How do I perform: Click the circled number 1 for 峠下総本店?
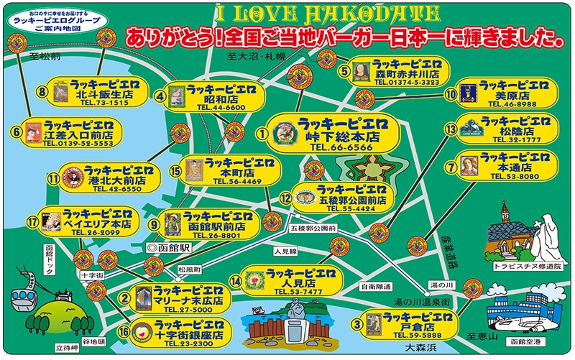(x=263, y=132)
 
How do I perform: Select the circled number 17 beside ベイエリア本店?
(x=32, y=222)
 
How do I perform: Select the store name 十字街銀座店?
(x=188, y=336)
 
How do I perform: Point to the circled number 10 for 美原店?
(x=451, y=93)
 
